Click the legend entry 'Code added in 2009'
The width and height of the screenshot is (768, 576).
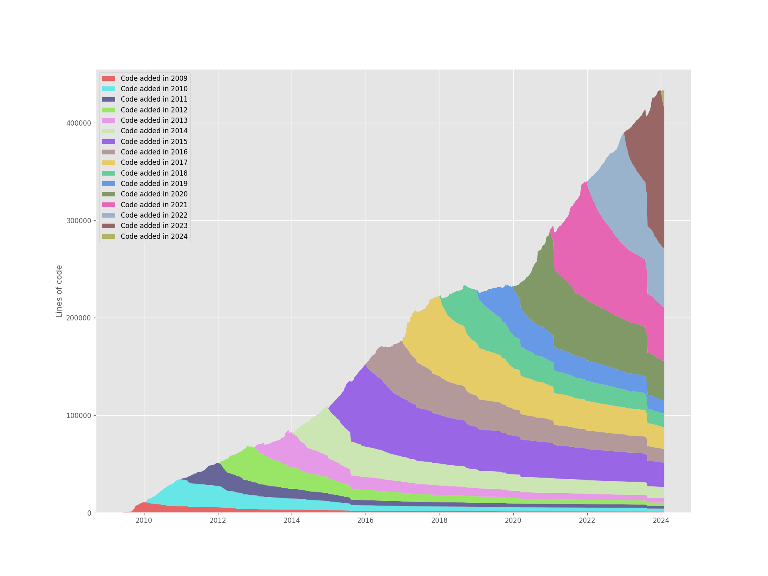pyautogui.click(x=154, y=78)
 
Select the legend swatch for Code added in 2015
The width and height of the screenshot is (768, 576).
pyautogui.click(x=108, y=142)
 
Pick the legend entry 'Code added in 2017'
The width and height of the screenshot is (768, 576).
pyautogui.click(x=154, y=162)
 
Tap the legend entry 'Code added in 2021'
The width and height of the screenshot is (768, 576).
pyautogui.click(x=154, y=205)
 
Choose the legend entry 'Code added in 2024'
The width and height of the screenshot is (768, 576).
pyautogui.click(x=154, y=236)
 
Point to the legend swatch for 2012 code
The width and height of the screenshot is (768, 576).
pyautogui.click(x=108, y=110)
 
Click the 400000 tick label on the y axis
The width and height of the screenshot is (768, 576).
pyautogui.click(x=78, y=123)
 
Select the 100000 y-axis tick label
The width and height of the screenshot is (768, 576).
pyautogui.click(x=78, y=416)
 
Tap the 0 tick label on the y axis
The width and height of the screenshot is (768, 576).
pyautogui.click(x=89, y=513)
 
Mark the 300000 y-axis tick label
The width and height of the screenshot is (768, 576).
pyautogui.click(x=78, y=221)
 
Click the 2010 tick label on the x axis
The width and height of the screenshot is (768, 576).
pyautogui.click(x=144, y=520)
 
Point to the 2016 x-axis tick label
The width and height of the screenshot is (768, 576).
pyautogui.click(x=366, y=520)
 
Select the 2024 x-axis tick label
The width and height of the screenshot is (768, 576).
pyautogui.click(x=661, y=520)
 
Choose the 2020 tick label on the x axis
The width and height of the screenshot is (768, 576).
pyautogui.click(x=513, y=520)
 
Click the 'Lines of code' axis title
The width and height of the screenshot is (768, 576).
pyautogui.click(x=59, y=291)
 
